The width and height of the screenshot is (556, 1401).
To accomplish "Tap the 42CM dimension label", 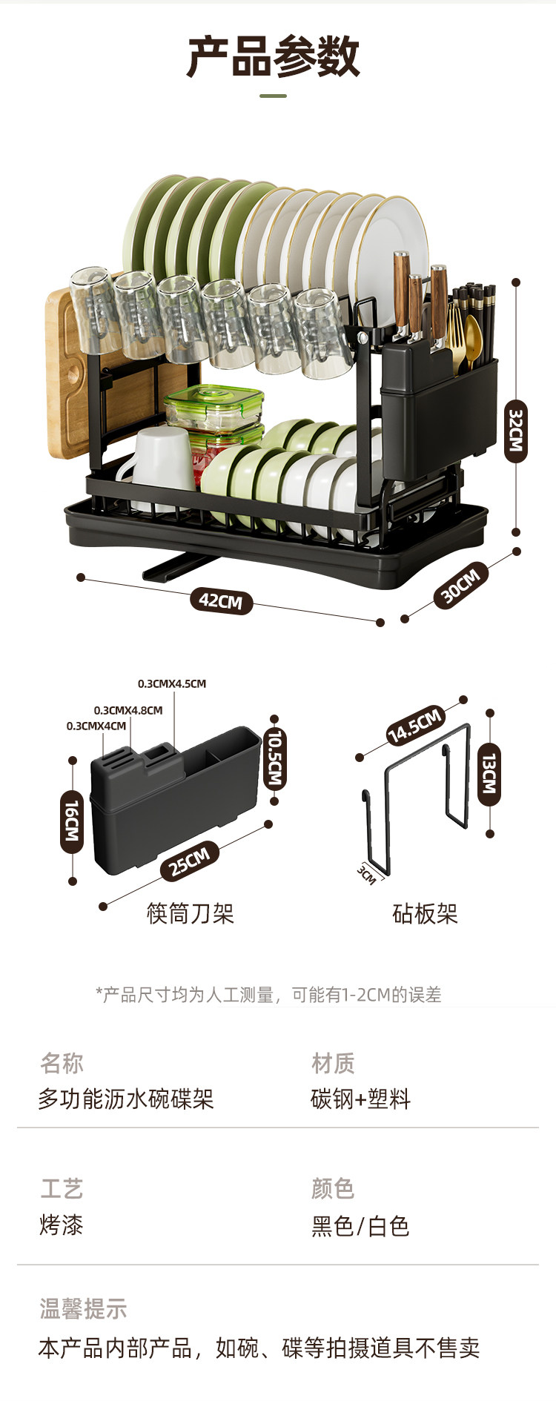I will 221,600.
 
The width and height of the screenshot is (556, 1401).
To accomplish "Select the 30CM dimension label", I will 461,583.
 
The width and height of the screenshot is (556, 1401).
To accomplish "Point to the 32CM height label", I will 516,430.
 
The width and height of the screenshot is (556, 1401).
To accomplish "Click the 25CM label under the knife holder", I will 190,861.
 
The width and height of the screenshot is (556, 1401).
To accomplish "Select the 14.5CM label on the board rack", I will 415,725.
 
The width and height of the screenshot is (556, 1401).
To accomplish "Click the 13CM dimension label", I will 489,774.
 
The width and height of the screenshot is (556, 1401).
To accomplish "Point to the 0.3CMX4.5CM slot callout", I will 172,683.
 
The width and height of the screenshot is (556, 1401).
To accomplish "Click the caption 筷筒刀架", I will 191,913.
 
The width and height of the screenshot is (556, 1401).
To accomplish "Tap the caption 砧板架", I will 425,913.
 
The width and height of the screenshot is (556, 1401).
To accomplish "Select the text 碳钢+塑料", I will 360,1099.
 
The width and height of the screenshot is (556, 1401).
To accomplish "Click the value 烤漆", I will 61,1225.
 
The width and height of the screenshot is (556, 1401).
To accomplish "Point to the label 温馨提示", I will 83,1309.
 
